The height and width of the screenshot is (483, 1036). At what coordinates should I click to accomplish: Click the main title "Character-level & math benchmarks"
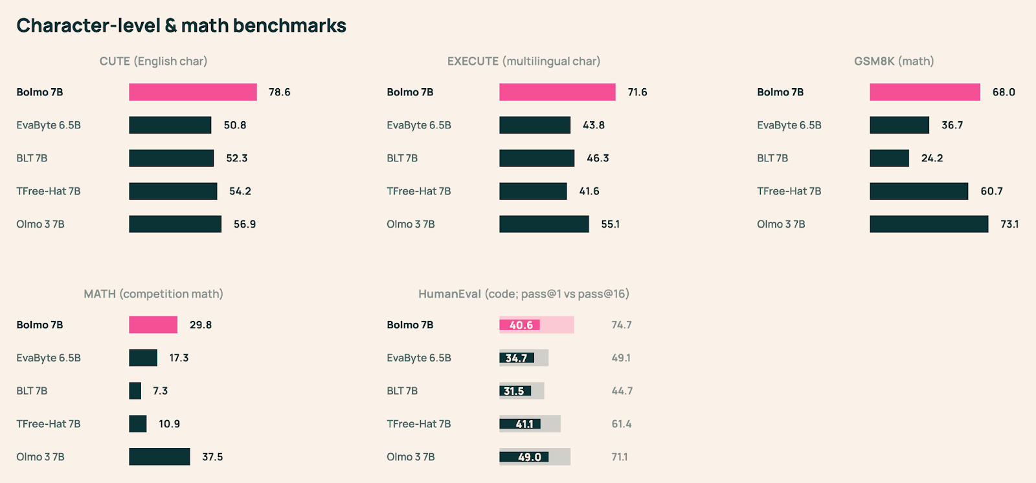[x=181, y=25]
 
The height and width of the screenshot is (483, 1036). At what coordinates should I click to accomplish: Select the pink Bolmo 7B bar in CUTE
[x=192, y=92]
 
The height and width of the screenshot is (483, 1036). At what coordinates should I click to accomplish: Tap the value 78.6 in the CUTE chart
[x=280, y=92]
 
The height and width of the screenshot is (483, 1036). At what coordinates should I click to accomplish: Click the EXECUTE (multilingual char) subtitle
[x=523, y=61]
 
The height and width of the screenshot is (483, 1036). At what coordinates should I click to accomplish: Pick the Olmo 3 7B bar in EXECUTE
[x=544, y=224]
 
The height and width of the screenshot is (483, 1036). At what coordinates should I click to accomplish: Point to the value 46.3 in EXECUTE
[x=598, y=158]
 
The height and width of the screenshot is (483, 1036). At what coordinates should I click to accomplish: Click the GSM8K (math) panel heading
[x=894, y=61]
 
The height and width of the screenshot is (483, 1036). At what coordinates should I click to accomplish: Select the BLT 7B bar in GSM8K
[x=889, y=158]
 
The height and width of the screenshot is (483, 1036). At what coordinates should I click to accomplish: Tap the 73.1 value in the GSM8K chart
[x=1009, y=224]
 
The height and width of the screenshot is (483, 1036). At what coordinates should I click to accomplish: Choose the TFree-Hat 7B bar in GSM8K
[x=918, y=191]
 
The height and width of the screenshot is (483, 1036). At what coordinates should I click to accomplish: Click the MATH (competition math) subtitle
[x=153, y=294]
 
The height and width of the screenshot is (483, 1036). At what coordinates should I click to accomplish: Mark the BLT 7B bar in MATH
[x=135, y=391]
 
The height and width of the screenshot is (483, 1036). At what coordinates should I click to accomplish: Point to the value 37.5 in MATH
[x=212, y=457]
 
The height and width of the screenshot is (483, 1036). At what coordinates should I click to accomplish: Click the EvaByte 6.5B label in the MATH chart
[x=49, y=358]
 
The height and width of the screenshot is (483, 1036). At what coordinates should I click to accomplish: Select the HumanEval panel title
[x=523, y=294]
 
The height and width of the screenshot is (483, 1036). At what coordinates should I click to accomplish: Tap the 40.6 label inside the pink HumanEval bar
[x=521, y=325]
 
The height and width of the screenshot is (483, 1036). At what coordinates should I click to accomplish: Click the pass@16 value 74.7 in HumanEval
[x=622, y=325]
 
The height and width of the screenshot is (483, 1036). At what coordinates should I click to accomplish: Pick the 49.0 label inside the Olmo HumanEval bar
[x=529, y=457]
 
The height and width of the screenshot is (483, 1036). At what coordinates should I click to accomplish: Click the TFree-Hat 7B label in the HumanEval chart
[x=418, y=424]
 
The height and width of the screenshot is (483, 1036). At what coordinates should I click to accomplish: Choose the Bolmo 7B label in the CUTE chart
[x=39, y=92]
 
